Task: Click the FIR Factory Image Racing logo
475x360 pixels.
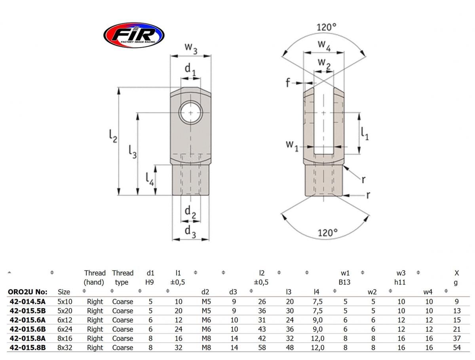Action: click(x=133, y=35)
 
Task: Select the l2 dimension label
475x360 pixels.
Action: click(x=113, y=136)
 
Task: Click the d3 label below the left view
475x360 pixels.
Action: click(x=190, y=231)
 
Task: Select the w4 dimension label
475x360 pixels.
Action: click(x=324, y=45)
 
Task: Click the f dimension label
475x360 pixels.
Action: click(x=288, y=82)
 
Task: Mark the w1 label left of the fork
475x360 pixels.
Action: click(x=292, y=145)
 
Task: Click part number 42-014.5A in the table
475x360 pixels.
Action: click(x=27, y=301)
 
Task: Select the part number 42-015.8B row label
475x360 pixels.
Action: click(x=27, y=347)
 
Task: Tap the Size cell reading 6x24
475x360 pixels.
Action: click(x=64, y=329)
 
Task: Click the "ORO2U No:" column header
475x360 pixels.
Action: click(x=27, y=292)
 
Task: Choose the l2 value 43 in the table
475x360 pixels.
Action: click(x=262, y=329)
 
